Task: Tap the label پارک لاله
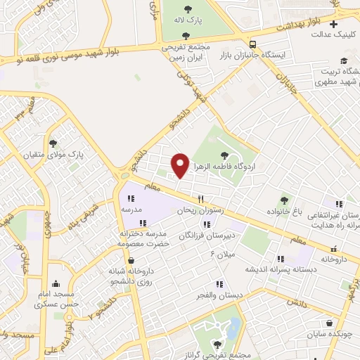click(x=189, y=20)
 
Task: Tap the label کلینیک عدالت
click(x=334, y=34)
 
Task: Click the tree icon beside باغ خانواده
click(x=284, y=200)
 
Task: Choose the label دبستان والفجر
click(x=219, y=295)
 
